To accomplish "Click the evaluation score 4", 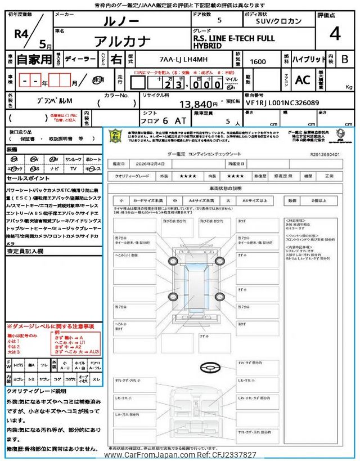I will [335, 34].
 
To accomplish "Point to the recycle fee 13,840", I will [199, 104].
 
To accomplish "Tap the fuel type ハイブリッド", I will [308, 59].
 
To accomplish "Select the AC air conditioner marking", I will [302, 80].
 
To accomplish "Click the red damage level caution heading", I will [51, 326].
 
